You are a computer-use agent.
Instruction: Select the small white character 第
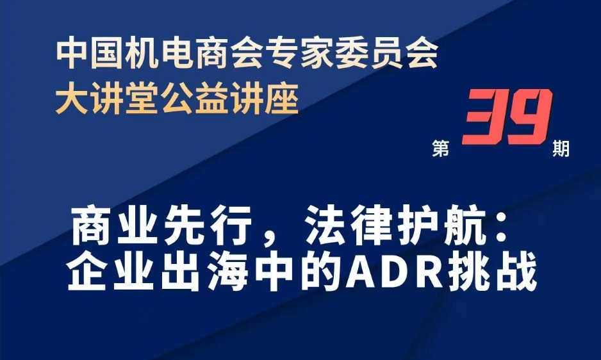[441, 149]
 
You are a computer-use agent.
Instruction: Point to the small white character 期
[561, 149]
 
